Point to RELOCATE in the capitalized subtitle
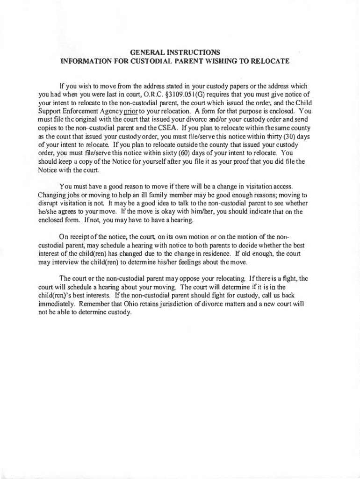[x=269, y=61]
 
